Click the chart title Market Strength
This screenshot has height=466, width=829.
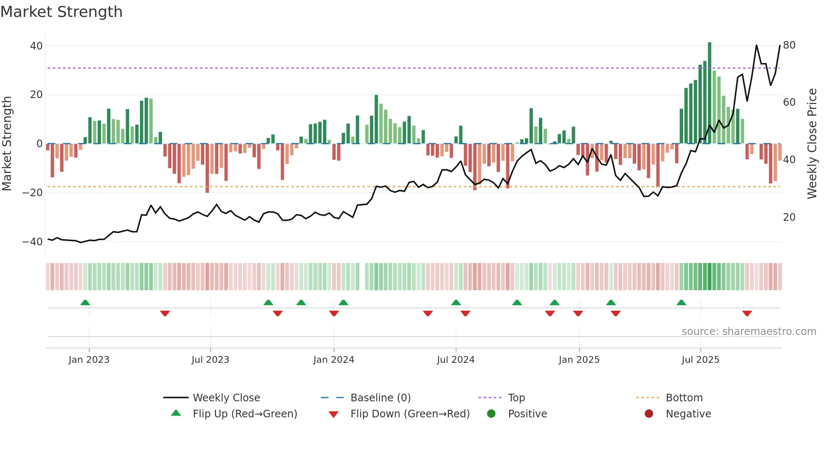[61, 12]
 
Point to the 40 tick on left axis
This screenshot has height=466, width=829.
[36, 46]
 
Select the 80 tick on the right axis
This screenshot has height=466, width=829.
[789, 45]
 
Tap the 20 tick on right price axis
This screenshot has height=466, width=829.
[789, 217]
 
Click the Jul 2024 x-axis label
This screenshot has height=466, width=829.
[456, 360]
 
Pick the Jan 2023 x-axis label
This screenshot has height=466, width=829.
[89, 360]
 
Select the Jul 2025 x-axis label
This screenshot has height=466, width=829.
[700, 360]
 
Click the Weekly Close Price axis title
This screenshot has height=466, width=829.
[812, 143]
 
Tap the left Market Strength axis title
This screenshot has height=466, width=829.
[7, 143]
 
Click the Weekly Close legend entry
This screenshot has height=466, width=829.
[226, 398]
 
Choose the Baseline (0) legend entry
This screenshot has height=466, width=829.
[380, 398]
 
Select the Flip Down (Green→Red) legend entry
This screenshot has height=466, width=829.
[410, 414]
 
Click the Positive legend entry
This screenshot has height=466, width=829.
[527, 414]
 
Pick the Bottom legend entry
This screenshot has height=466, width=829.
[684, 398]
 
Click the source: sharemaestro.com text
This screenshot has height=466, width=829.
[749, 332]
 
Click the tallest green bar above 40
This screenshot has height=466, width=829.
[709, 93]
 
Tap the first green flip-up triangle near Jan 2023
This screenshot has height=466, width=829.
[85, 303]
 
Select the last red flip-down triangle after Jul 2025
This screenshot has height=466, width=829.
[747, 313]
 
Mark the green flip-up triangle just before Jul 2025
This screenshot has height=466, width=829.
[681, 303]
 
